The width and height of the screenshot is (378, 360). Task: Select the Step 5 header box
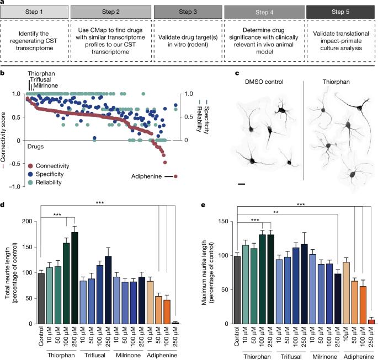point(338,10)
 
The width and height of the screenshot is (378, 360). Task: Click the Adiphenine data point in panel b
point(175,176)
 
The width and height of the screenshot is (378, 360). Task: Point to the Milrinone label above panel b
point(46,86)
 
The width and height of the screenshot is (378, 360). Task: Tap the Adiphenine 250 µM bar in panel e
point(371,322)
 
